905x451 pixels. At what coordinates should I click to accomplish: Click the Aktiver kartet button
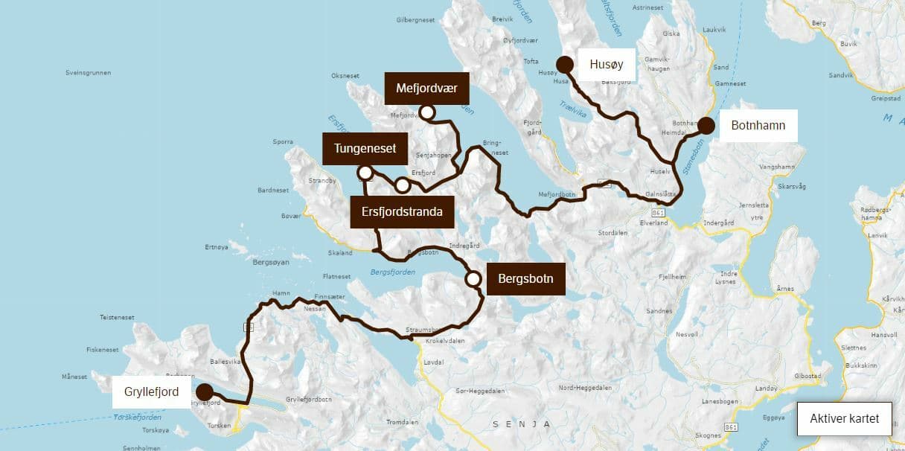(845, 418)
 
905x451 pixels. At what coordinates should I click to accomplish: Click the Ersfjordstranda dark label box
(402, 211)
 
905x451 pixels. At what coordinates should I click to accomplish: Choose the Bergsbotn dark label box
(526, 279)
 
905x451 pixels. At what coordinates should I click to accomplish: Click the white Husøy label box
(606, 65)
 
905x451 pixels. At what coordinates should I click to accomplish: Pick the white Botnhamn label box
(758, 126)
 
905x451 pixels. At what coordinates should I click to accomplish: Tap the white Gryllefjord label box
(151, 391)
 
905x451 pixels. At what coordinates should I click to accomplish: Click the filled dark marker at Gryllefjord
(203, 392)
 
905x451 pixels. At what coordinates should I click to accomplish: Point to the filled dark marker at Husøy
(565, 64)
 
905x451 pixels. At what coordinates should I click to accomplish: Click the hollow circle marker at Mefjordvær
(427, 112)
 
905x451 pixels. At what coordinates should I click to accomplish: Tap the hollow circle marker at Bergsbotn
(473, 279)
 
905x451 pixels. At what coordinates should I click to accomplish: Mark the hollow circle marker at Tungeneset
(365, 173)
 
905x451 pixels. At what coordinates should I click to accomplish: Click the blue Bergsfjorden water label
(392, 272)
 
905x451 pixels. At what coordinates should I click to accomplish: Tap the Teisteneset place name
(117, 317)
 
